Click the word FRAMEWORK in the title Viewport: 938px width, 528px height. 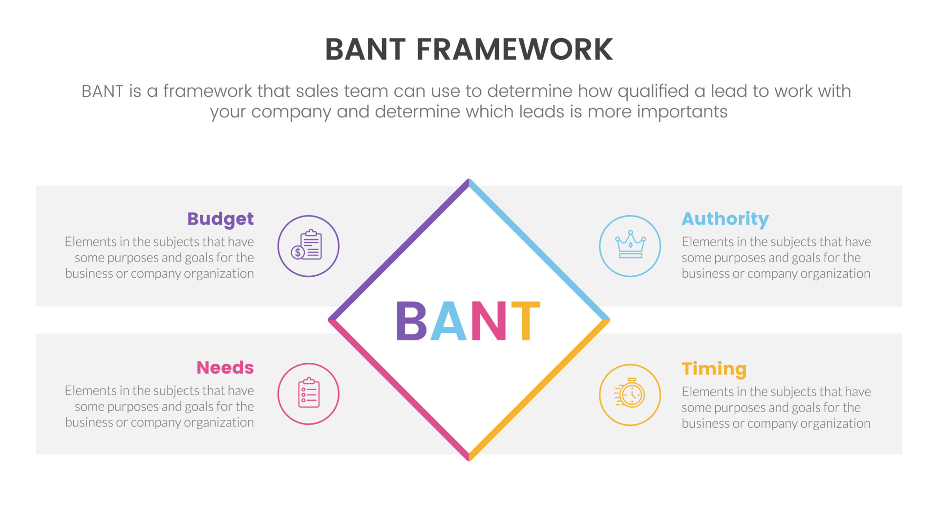tap(514, 49)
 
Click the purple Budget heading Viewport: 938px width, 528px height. tap(220, 219)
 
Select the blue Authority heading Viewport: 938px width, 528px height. tap(725, 219)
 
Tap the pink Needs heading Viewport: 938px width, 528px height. tap(225, 368)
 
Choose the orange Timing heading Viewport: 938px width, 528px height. tap(714, 369)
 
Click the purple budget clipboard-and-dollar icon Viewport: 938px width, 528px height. tap(308, 246)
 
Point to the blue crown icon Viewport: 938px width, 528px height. tap(630, 246)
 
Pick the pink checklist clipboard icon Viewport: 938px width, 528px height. tap(308, 394)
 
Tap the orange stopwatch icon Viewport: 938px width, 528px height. tap(630, 395)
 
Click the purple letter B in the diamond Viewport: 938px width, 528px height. tap(411, 321)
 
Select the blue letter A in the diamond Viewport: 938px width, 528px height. tap(448, 321)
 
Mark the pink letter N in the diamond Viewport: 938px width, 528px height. tap(488, 321)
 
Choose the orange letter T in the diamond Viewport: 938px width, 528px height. tap(525, 321)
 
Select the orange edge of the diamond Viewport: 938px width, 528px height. tap(539, 390)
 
